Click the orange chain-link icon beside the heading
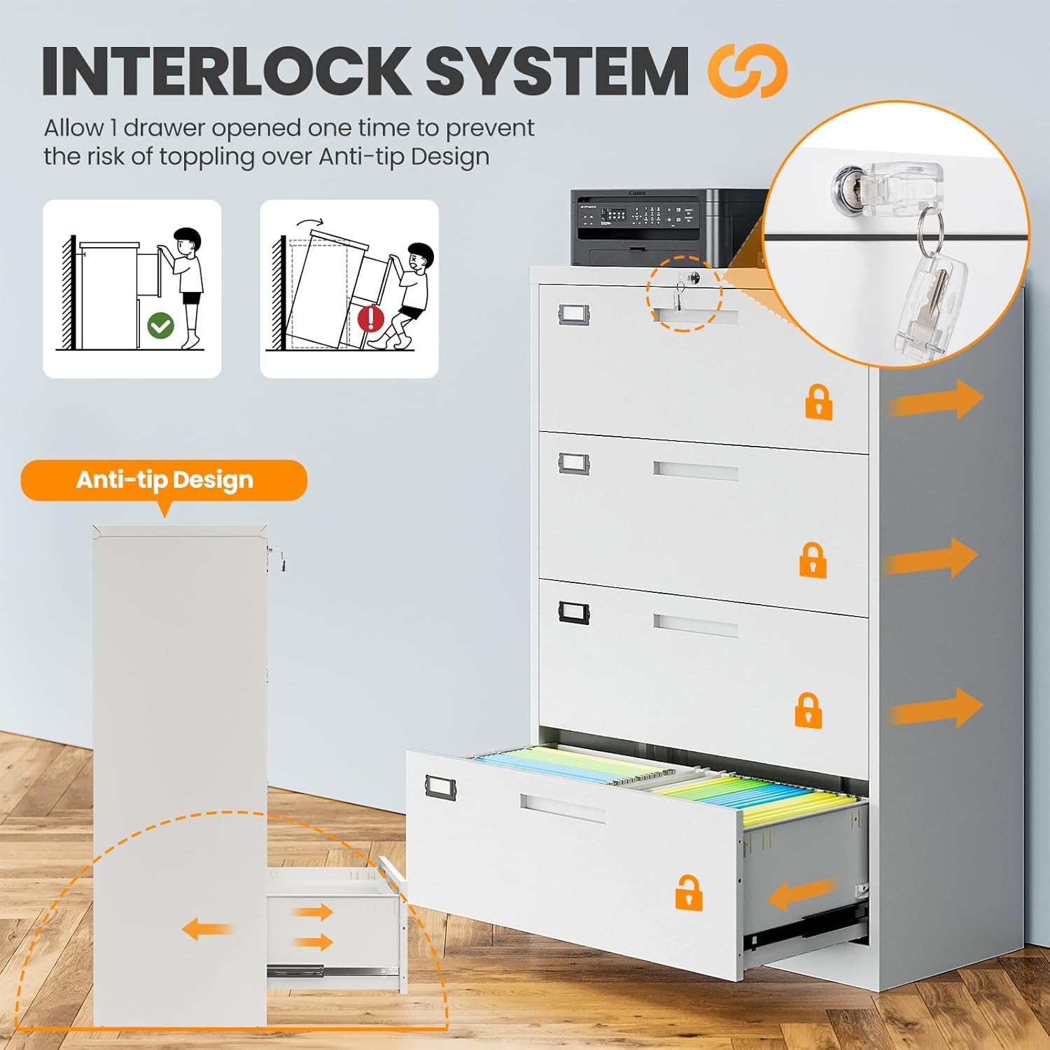click(748, 71)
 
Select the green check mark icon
click(161, 325)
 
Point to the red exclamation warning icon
click(371, 319)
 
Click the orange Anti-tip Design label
click(164, 481)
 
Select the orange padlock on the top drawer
click(819, 402)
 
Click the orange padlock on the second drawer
click(813, 560)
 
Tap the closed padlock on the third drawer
click(808, 710)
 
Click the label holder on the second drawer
click(574, 463)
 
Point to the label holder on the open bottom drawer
click(440, 787)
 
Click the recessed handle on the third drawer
click(695, 624)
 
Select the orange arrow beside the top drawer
click(936, 400)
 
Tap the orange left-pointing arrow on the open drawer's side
click(801, 895)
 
